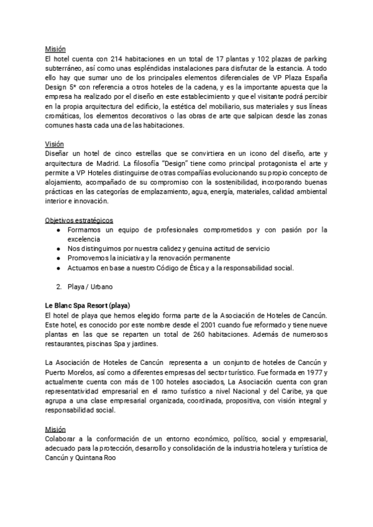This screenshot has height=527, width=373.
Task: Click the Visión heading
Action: pos(55,144)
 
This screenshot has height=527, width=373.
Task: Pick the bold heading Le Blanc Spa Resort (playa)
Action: pos(88,306)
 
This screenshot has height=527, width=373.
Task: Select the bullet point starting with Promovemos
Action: pos(149,258)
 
